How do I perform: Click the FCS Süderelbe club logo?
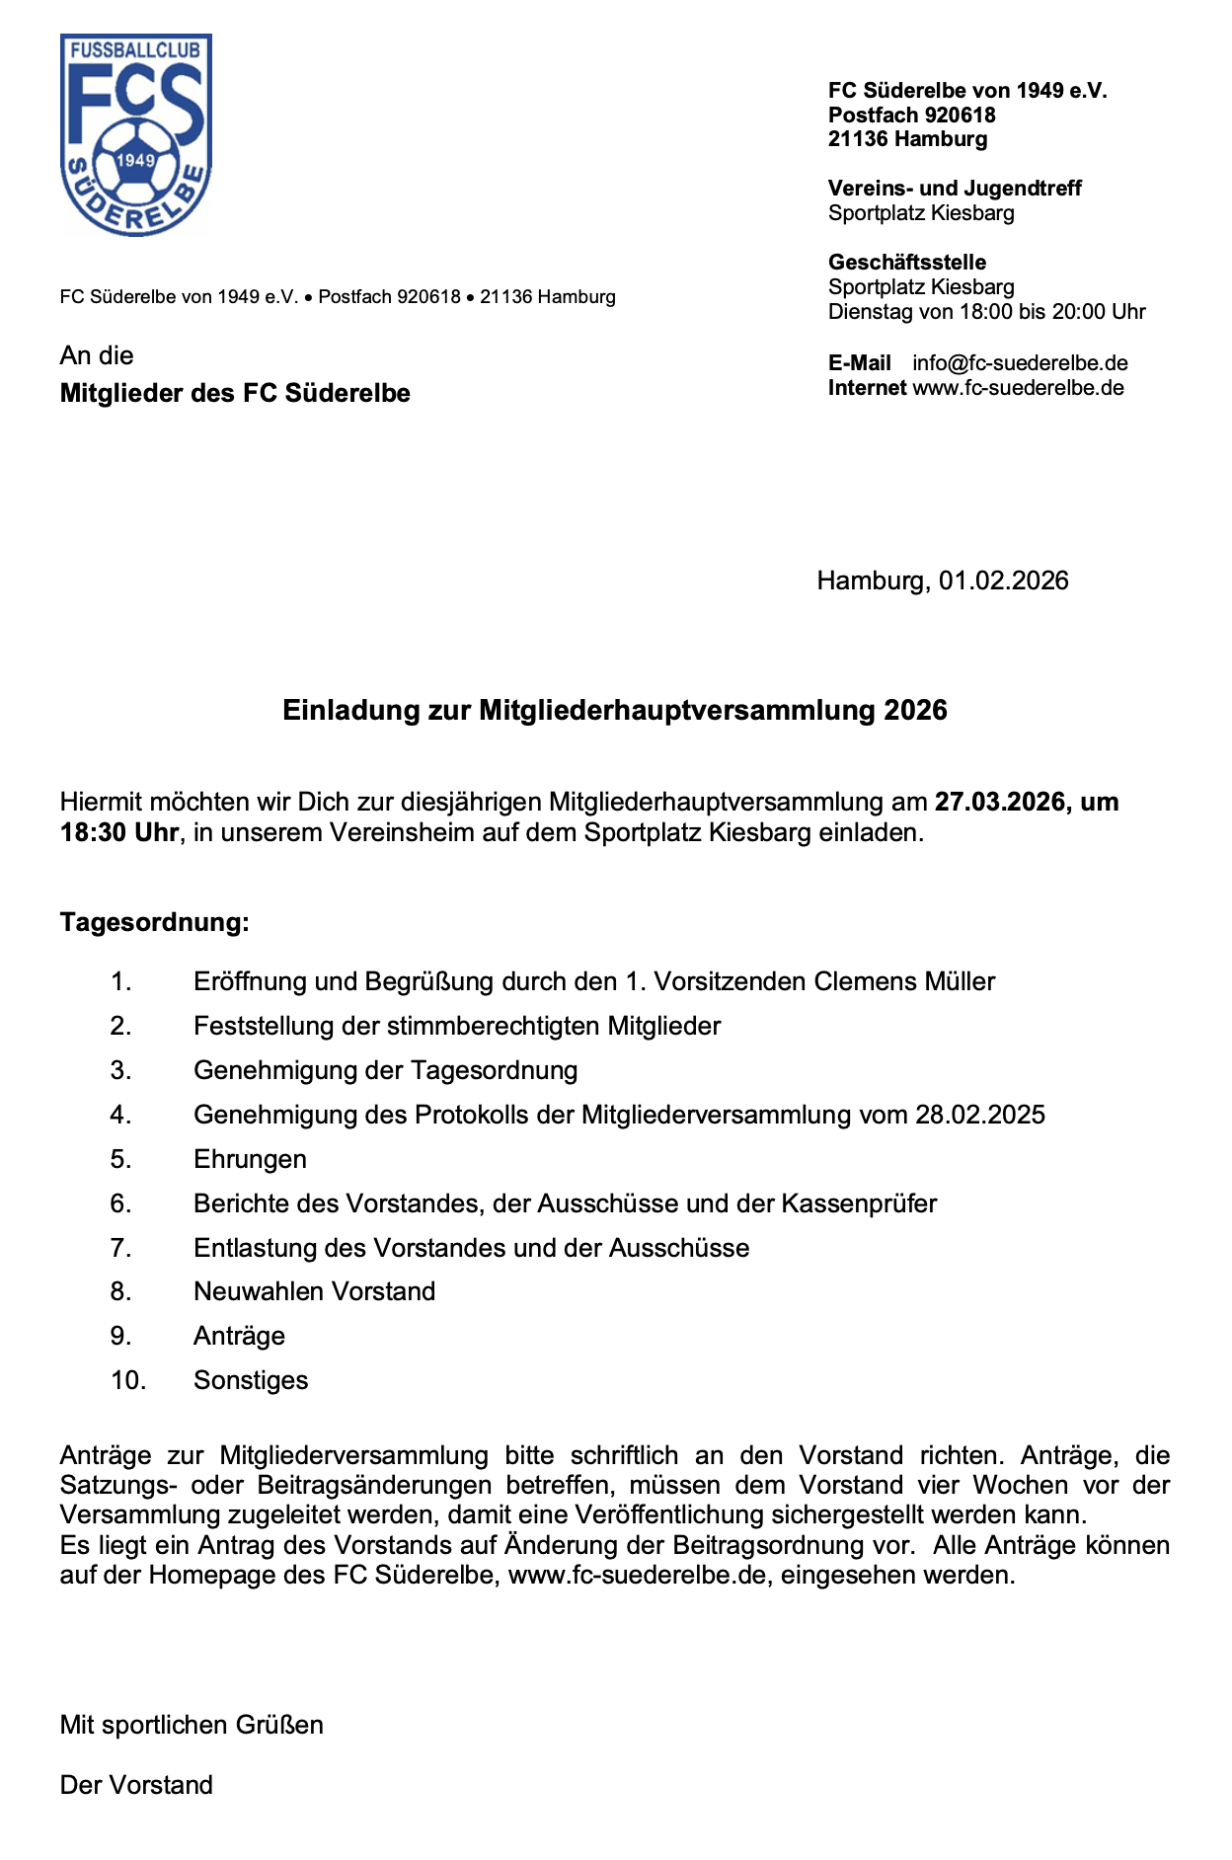coord(136,135)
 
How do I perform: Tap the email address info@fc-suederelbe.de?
coord(1020,363)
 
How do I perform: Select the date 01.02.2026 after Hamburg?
coord(1003,581)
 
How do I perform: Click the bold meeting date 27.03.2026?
coord(1000,802)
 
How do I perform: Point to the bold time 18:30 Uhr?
coord(119,832)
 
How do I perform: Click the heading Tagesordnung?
coord(155,922)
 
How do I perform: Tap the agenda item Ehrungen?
coord(250,1159)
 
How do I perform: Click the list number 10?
coord(128,1380)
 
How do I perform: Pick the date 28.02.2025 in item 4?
coord(979,1115)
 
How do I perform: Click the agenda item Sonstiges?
coord(251,1380)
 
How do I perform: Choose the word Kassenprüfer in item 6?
coord(859,1203)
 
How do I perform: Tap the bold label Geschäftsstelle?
coord(907,263)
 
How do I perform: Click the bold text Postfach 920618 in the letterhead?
coord(911,116)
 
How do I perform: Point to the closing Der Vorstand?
coord(136,1785)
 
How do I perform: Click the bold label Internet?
coord(867,388)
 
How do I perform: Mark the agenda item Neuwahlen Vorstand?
coord(314,1291)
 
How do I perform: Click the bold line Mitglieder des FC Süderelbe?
coord(235,393)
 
